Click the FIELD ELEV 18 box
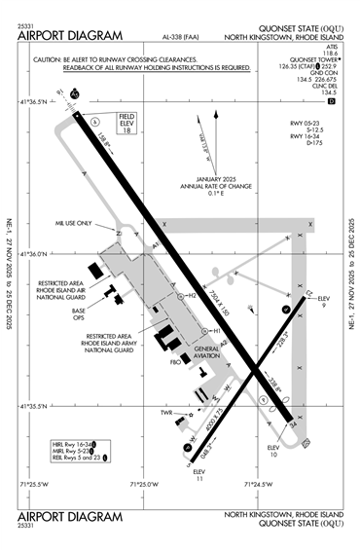(131, 125)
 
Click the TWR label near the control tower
(166, 413)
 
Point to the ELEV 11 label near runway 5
(201, 475)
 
